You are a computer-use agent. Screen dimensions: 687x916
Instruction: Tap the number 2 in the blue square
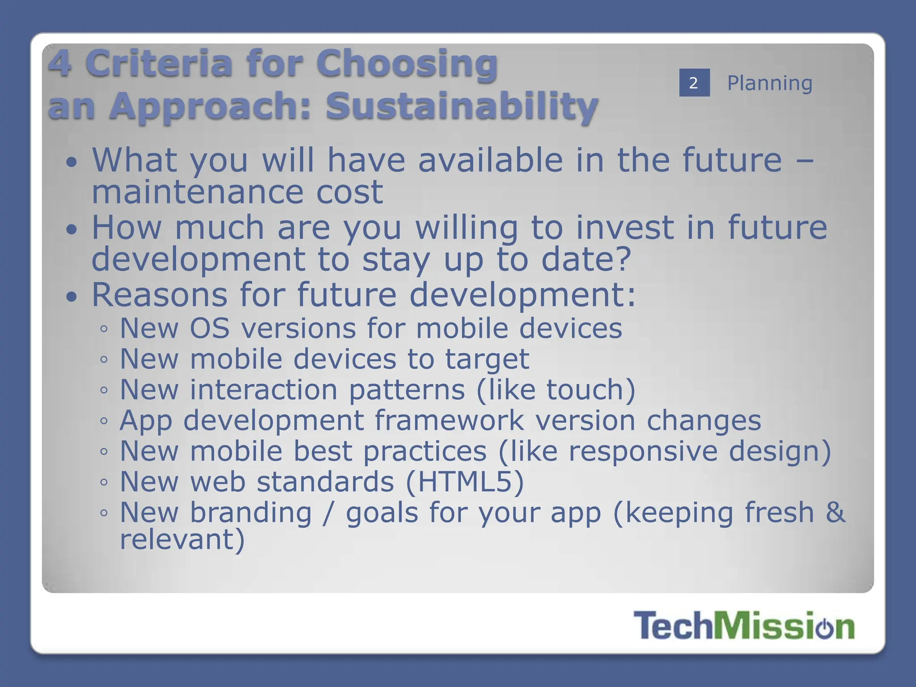pos(694,83)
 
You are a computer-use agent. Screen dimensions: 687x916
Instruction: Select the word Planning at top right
pos(769,83)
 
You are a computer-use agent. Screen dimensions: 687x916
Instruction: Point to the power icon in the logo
pos(824,628)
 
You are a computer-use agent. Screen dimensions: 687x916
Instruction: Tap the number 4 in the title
pos(60,64)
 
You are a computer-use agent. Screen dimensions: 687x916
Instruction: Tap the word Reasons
pos(160,295)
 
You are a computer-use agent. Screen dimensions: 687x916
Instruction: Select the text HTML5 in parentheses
pos(464,482)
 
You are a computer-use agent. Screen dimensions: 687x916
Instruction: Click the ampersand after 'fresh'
pos(835,512)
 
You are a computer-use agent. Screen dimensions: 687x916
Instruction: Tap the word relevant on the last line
pos(176,539)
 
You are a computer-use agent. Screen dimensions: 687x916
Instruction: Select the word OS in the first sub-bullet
pos(210,328)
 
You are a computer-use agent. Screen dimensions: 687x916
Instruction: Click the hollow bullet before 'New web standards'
pos(104,482)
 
